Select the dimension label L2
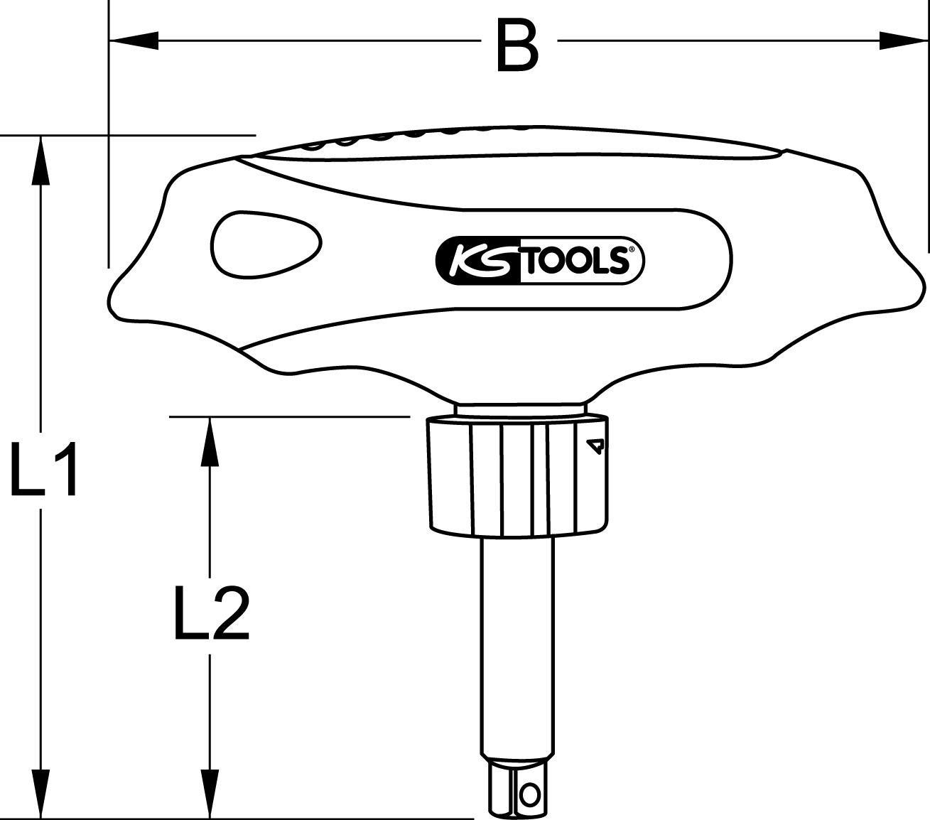coord(211,613)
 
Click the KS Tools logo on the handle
coord(539,261)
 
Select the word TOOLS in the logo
coord(576,261)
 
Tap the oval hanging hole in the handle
coord(266,242)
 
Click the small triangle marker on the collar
coord(595,446)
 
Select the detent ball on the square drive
coord(529,791)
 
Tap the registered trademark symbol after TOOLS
coord(629,249)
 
